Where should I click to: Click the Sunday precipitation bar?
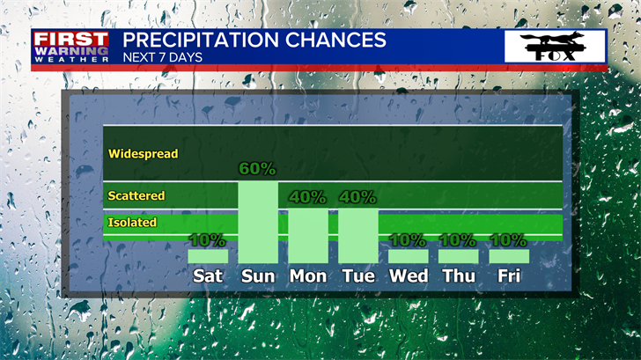258,223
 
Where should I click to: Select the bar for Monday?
308,236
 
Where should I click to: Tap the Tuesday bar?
358,236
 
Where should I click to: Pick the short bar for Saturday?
208,256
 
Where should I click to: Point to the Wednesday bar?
409,256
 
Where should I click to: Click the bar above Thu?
458,256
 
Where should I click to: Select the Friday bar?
509,256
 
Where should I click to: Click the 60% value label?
257,169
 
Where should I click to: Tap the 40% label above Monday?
307,197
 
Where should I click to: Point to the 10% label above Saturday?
207,240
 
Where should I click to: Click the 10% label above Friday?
508,240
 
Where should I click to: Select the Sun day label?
258,276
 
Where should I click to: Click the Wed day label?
409,276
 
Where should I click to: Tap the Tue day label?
358,276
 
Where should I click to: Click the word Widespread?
143,154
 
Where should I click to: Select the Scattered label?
136,195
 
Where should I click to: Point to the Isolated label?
132,223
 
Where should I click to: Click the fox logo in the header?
555,46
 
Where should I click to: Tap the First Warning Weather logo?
71,47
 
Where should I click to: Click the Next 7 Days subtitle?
163,57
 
